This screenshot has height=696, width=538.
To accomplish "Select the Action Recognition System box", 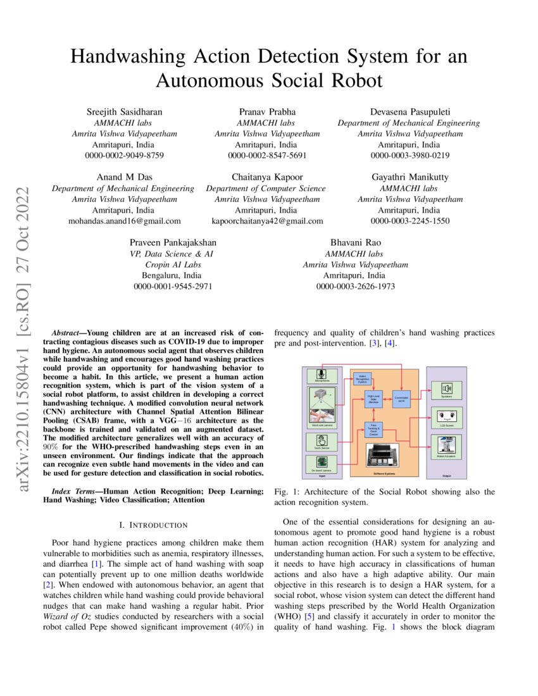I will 363,378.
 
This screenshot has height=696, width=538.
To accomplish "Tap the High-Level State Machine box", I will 373,399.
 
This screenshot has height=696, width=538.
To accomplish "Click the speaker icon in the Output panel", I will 447,388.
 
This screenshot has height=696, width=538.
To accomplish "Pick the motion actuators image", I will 447,444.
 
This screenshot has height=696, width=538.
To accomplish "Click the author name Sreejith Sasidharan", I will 123,112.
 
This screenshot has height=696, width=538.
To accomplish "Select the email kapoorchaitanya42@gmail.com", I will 267,221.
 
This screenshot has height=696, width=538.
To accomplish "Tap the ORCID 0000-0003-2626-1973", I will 356,287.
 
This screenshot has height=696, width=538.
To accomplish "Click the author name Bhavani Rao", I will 356,242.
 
